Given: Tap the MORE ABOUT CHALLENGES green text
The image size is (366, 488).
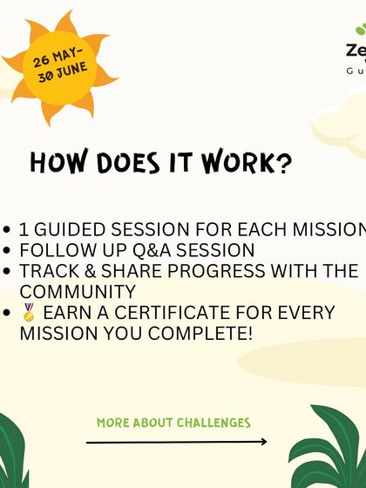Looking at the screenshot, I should point(173,423).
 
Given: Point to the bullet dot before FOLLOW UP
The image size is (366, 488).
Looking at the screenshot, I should point(8,251).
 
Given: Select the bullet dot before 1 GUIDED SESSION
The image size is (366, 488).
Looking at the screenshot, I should point(8,230).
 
